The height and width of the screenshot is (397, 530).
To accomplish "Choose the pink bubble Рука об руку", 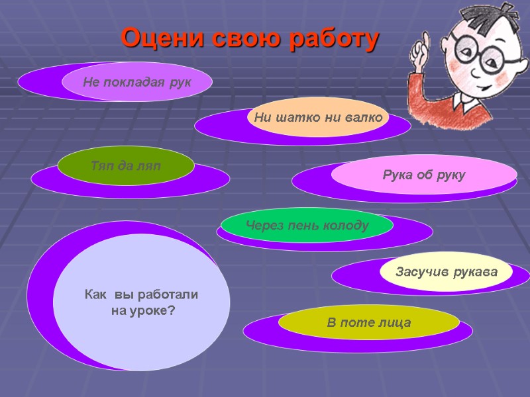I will coord(424,175).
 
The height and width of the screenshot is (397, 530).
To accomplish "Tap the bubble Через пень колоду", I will coord(307,226).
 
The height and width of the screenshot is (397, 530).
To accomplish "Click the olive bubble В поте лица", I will coord(368,323).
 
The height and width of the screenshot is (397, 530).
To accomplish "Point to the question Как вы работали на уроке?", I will coord(142,302).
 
